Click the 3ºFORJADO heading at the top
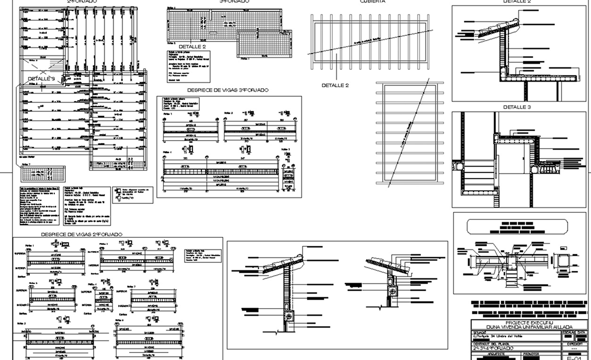click(234, 2)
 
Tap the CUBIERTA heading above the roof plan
click(372, 2)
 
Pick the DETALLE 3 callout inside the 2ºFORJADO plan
click(41, 79)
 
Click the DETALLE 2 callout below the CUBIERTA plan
click(335, 85)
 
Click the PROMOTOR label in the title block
click(531, 354)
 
